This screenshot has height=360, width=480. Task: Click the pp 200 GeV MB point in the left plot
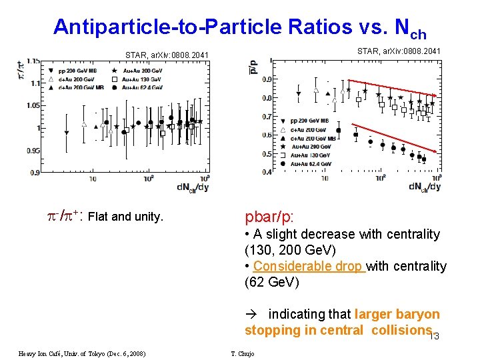pos(66,133)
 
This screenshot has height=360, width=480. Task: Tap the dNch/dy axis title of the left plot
pos(193,187)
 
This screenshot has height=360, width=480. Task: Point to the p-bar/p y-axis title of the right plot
pos(252,66)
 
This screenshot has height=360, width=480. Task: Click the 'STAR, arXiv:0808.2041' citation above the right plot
pos(399,51)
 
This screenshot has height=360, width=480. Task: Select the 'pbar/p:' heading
pos(269,217)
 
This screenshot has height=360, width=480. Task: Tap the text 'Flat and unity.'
pos(125,216)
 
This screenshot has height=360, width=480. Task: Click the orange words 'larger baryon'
pos(397,314)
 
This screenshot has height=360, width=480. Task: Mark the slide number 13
pos(433,336)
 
